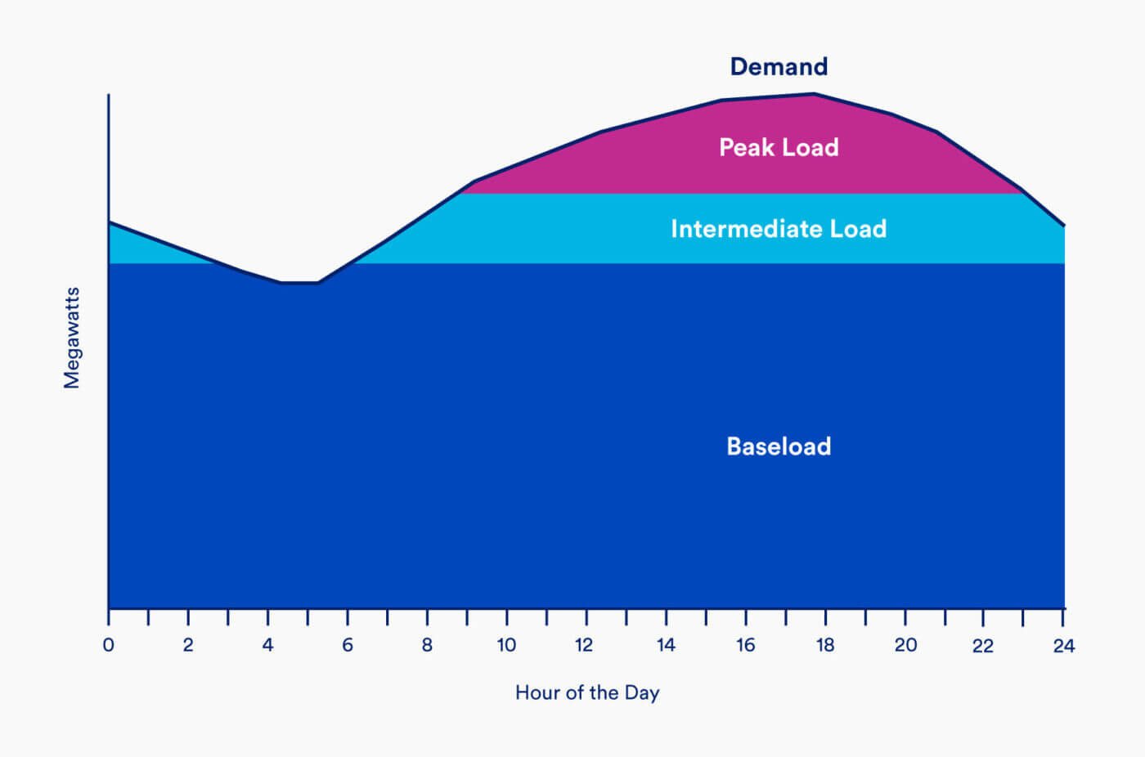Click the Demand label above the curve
point(779,66)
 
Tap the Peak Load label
point(779,147)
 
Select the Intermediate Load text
point(779,229)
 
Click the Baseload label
point(779,446)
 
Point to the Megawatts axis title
point(72,338)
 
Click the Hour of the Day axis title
point(587,693)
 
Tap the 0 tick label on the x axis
point(108,645)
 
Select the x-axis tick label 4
point(267,645)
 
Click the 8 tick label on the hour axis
point(427,645)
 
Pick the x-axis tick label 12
point(584,645)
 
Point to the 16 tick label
point(745,645)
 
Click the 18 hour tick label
point(825,645)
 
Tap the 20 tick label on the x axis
point(905,645)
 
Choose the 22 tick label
point(983,646)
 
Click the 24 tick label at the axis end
point(1063,646)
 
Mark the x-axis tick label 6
point(348,645)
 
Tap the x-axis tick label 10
point(506,645)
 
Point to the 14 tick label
point(666,645)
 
